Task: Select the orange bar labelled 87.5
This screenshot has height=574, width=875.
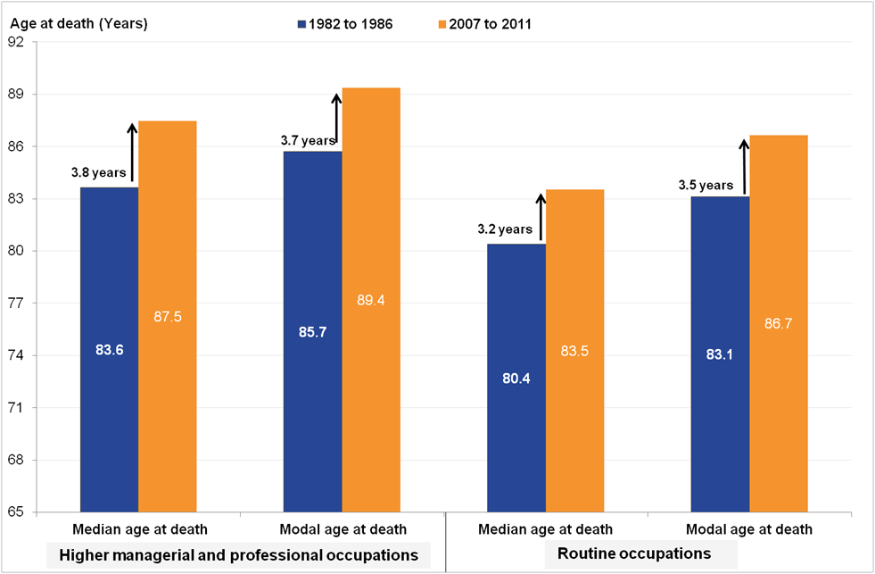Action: [167, 317]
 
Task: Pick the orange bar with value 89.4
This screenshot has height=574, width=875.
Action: [371, 300]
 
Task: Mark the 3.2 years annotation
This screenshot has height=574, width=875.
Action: [503, 229]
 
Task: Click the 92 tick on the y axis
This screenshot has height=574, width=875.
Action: [17, 42]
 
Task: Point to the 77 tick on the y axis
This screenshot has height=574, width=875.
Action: [17, 304]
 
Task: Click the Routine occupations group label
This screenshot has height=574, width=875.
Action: [634, 553]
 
